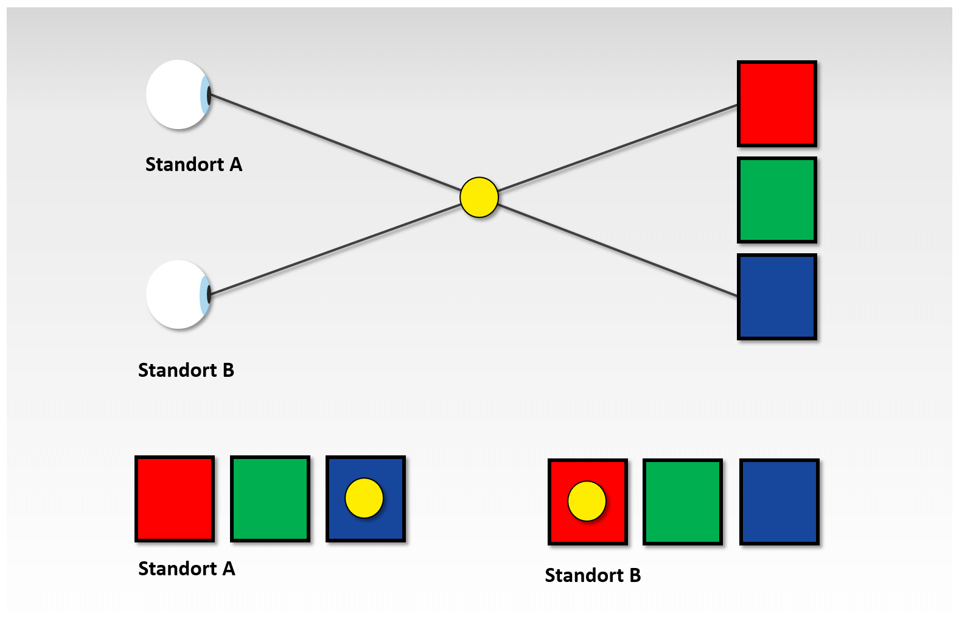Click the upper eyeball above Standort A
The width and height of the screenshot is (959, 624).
[x=178, y=94]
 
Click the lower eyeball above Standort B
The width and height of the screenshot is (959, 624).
[x=178, y=295]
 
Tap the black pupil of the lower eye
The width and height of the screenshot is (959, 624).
[x=209, y=295]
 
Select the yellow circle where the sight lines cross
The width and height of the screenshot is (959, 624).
[x=479, y=197]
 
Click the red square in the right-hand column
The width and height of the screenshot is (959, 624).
[x=777, y=103]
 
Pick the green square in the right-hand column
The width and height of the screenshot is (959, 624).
[x=777, y=200]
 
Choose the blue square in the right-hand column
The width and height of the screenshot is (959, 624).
[x=777, y=297]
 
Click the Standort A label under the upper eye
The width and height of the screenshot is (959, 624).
[x=194, y=164]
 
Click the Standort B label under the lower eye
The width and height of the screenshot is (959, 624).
[x=186, y=370]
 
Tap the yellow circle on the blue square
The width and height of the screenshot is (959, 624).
[x=364, y=498]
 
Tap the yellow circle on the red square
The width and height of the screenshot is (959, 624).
[x=587, y=501]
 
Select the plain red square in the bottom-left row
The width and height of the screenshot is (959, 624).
[x=175, y=499]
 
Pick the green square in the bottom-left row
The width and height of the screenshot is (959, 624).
[x=270, y=499]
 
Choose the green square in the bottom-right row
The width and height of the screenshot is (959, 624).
[x=683, y=502]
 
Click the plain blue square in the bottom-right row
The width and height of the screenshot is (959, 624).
[x=779, y=502]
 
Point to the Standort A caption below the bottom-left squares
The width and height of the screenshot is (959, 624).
[x=187, y=569]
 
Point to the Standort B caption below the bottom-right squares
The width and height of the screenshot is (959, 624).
[x=593, y=575]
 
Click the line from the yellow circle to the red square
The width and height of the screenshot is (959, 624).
[x=618, y=148]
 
